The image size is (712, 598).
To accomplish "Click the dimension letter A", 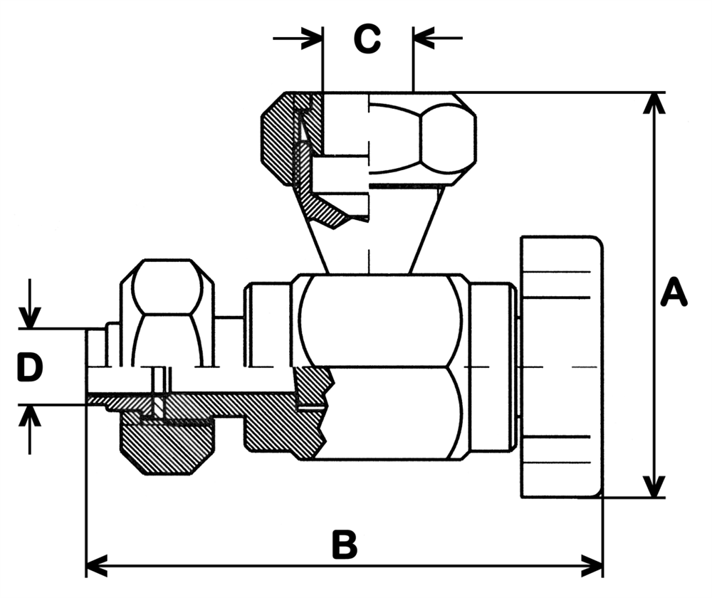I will [x=674, y=293].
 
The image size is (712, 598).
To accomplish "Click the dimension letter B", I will [x=345, y=545].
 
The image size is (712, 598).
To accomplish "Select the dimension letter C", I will [x=367, y=40].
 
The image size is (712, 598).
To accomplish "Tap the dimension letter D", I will [x=30, y=367].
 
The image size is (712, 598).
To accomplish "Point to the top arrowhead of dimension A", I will [x=654, y=104].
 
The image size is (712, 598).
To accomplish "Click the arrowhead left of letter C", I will [x=313, y=38].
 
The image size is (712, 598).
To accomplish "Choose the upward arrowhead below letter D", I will [x=30, y=416].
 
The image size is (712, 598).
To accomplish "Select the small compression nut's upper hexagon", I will [x=167, y=292].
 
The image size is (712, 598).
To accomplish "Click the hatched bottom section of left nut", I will [x=167, y=448].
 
